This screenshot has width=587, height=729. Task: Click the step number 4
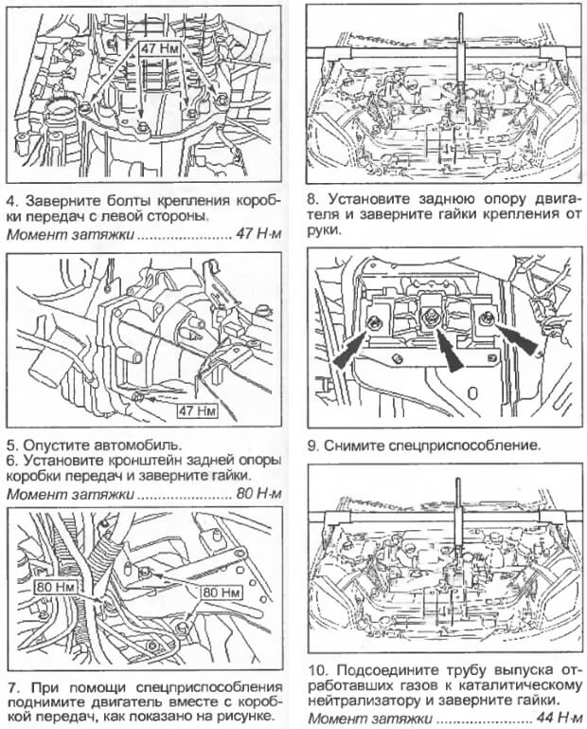pyautogui.click(x=11, y=202)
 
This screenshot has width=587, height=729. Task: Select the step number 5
pyautogui.click(x=11, y=443)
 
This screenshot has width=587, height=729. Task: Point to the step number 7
pyautogui.click(x=11, y=685)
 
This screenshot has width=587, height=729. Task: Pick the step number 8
pyautogui.click(x=312, y=202)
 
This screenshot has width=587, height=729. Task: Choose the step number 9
pyautogui.click(x=312, y=444)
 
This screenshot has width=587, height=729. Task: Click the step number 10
pyautogui.click(x=317, y=668)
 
